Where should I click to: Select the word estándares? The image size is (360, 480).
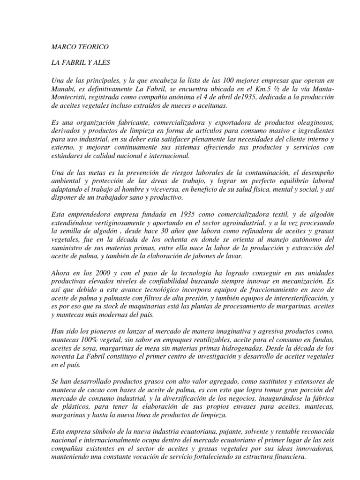pos(67,155)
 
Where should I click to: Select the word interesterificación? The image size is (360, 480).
pos(293,298)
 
